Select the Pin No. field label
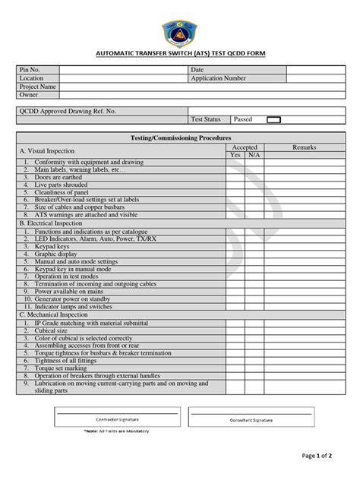(31, 70)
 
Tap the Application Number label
(218, 78)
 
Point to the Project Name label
(39, 87)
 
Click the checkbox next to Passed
(273, 119)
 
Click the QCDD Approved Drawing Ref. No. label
(69, 110)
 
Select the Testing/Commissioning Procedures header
(180, 138)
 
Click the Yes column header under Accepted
(235, 154)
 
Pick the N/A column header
(254, 154)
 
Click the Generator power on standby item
(76, 299)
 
